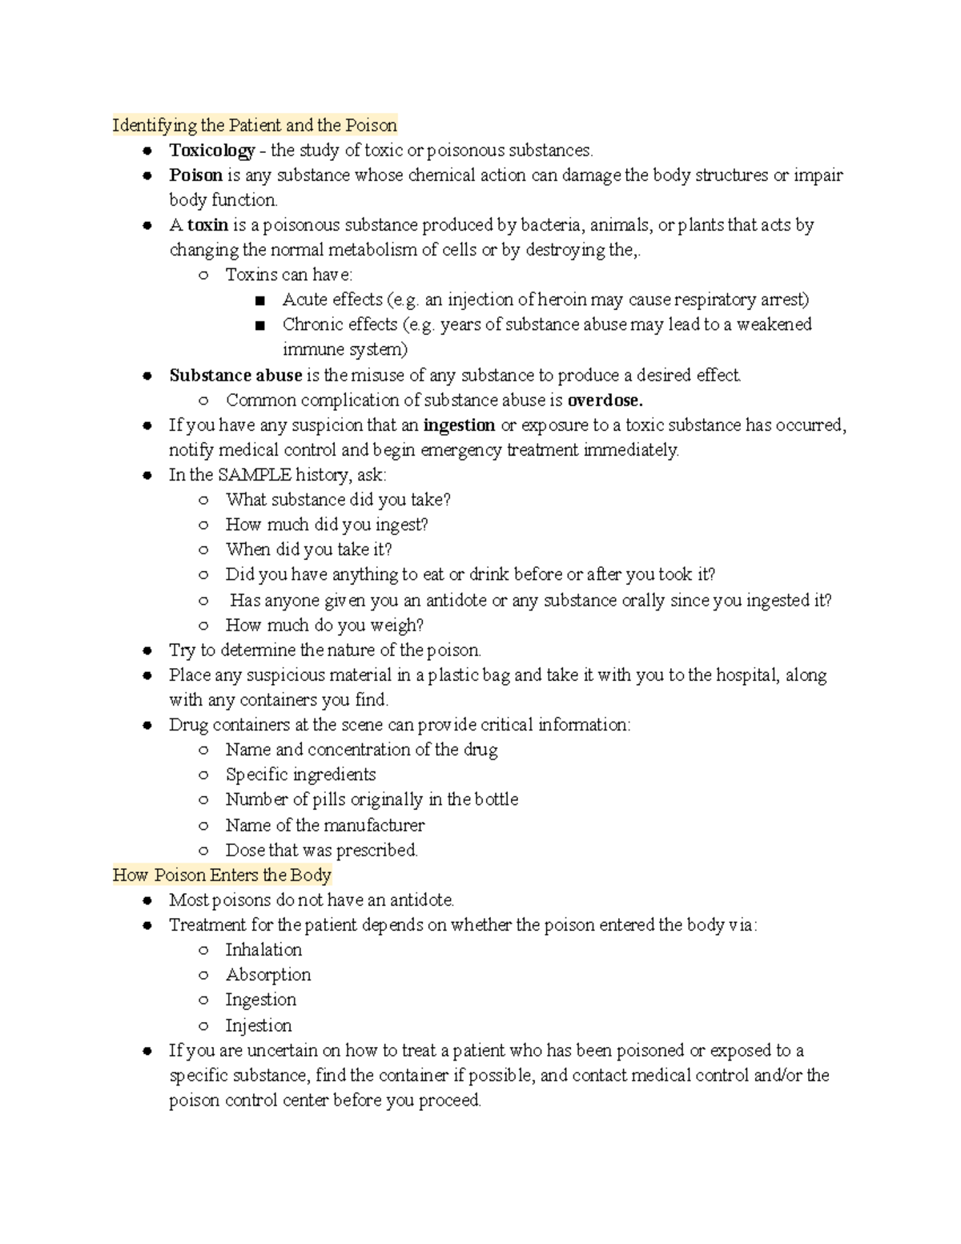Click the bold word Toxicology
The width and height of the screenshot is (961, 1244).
click(x=211, y=151)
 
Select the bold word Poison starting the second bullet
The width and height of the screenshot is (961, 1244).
click(x=195, y=175)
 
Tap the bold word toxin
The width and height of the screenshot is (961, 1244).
click(x=208, y=225)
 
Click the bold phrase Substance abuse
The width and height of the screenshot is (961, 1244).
click(x=235, y=375)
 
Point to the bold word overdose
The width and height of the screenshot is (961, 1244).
click(x=605, y=400)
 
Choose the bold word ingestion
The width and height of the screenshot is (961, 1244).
click(x=459, y=425)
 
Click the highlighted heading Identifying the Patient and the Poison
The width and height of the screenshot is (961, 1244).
click(x=255, y=125)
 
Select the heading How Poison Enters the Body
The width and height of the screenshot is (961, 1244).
click(x=222, y=875)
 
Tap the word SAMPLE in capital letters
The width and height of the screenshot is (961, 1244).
click(x=255, y=475)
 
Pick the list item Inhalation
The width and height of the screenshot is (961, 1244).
click(x=263, y=950)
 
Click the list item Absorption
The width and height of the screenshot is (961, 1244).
click(x=267, y=975)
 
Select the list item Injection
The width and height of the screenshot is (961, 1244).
click(x=258, y=1025)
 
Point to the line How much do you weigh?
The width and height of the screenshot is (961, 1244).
click(x=324, y=625)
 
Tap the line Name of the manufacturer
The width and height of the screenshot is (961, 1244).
click(x=324, y=825)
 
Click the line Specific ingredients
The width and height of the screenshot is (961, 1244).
click(x=300, y=775)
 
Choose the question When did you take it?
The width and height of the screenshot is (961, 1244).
click(x=308, y=550)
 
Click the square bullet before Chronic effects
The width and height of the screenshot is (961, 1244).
click(x=259, y=325)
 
